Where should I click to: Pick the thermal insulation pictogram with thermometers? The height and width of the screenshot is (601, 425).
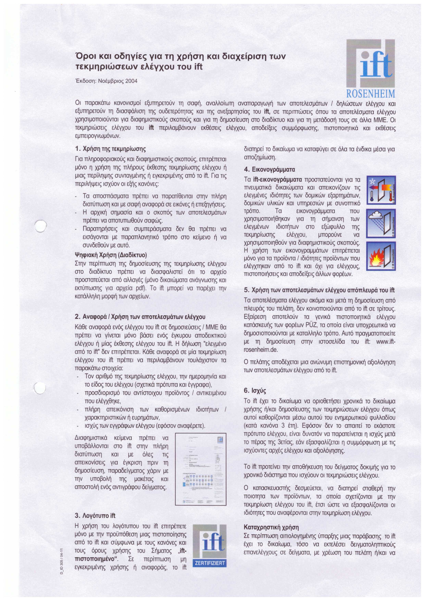381,190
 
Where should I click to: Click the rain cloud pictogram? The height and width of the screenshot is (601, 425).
381,223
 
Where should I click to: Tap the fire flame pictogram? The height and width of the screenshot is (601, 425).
381,256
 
